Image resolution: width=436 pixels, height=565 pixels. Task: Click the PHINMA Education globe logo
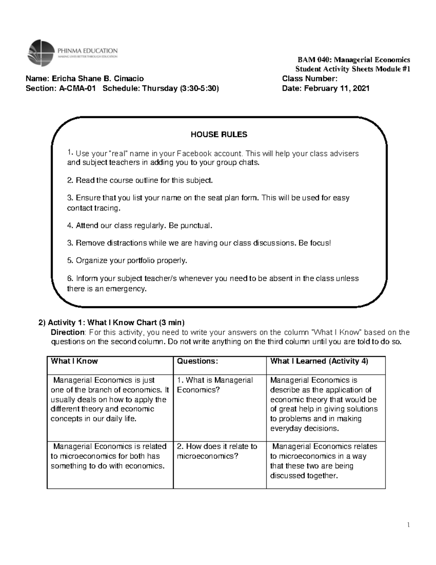tap(41, 53)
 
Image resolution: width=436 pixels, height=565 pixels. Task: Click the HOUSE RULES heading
tap(219, 135)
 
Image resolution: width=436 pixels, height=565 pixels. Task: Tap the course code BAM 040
tap(314, 60)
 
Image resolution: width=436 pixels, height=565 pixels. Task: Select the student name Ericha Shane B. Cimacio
tap(98, 79)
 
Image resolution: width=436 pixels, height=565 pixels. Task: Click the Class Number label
tap(310, 79)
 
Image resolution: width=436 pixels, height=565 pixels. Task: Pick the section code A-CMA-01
tap(78, 88)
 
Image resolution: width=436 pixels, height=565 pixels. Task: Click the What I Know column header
tap(74, 361)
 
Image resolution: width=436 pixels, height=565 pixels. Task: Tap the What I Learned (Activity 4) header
tap(319, 361)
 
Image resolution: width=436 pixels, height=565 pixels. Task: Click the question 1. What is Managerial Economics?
tap(215, 385)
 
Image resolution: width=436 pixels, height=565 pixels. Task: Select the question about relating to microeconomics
tap(217, 451)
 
